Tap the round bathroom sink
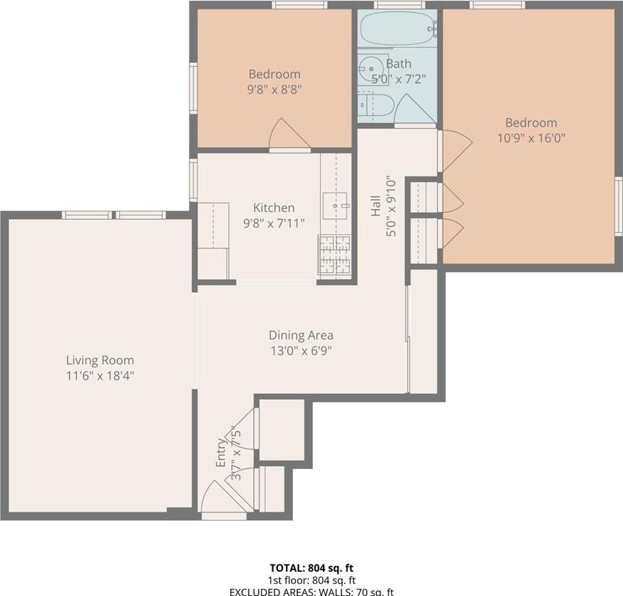pos(370,64)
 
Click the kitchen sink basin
pos(335,206)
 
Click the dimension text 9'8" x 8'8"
pos(274,90)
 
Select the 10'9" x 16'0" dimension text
pos(531,138)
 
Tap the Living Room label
pos(100,360)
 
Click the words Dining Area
pos(301,335)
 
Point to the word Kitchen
pos(274,208)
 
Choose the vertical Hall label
pos(375,206)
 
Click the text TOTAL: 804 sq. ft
pos(311,568)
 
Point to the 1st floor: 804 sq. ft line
pos(311,580)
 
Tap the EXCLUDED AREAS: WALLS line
pos(311,592)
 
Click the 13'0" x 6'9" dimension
pos(301,350)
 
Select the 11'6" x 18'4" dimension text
pos(100,375)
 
